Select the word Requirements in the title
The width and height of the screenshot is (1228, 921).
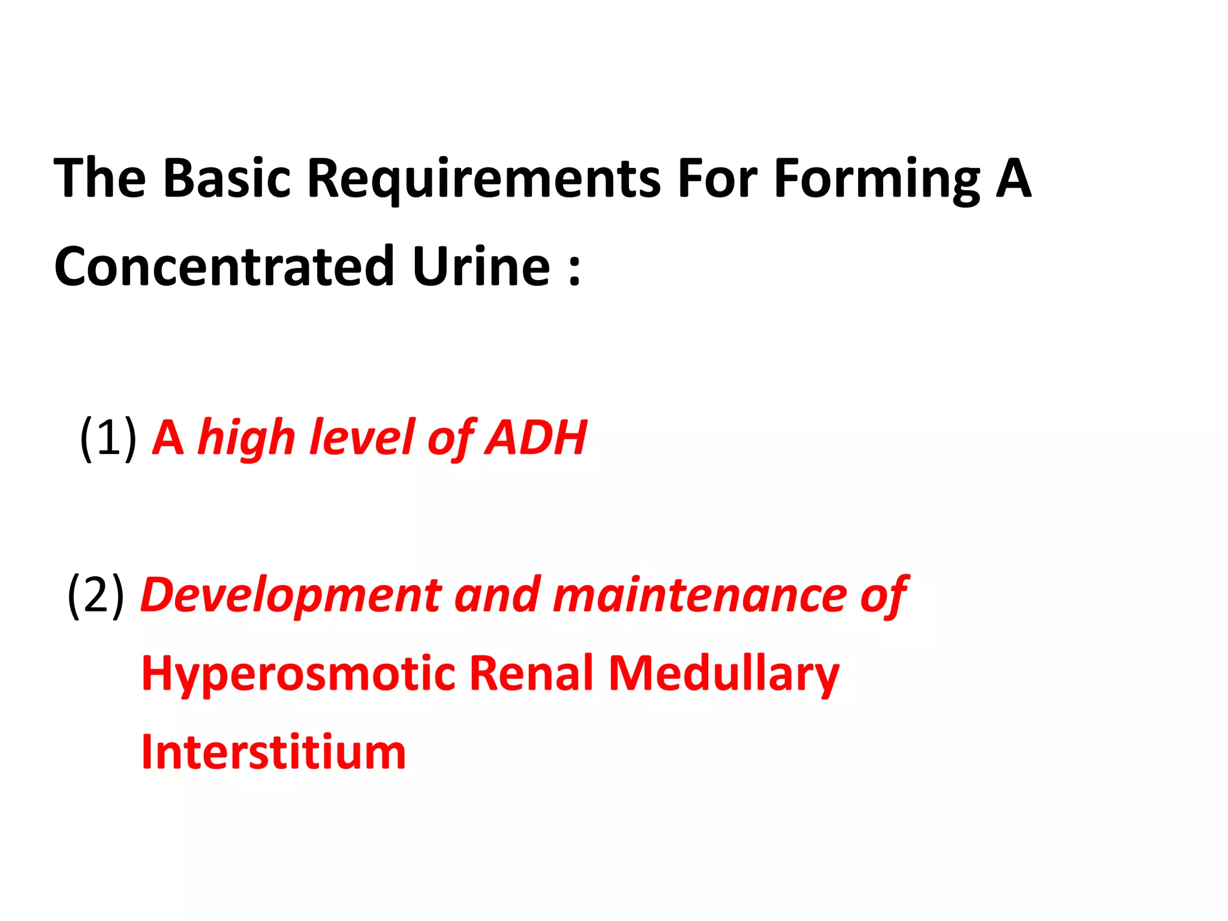pos(484,178)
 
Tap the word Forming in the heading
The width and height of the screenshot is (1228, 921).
pos(877,178)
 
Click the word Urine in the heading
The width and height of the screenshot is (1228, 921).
pos(481,266)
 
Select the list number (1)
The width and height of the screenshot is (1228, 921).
pos(108,438)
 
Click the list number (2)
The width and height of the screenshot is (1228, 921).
pos(96,595)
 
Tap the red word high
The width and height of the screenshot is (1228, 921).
pos(247,438)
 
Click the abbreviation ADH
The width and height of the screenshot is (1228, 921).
pos(536,438)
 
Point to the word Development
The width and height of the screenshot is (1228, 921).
pos(291,595)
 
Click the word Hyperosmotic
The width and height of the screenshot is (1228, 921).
pos(298,673)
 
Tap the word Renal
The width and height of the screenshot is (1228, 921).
pos(531,673)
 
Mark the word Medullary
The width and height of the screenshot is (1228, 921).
pos(723,673)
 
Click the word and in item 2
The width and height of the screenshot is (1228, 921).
pos(497,595)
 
